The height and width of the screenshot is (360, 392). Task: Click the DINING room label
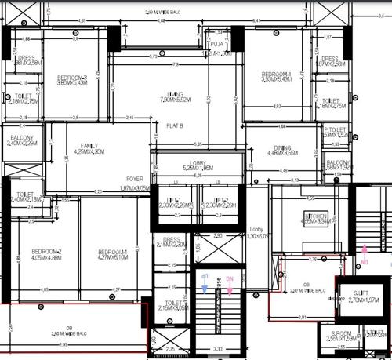[x=282, y=150]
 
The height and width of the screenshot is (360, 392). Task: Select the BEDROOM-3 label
[x=73, y=79]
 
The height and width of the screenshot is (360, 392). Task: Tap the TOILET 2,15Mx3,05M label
[x=178, y=306]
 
